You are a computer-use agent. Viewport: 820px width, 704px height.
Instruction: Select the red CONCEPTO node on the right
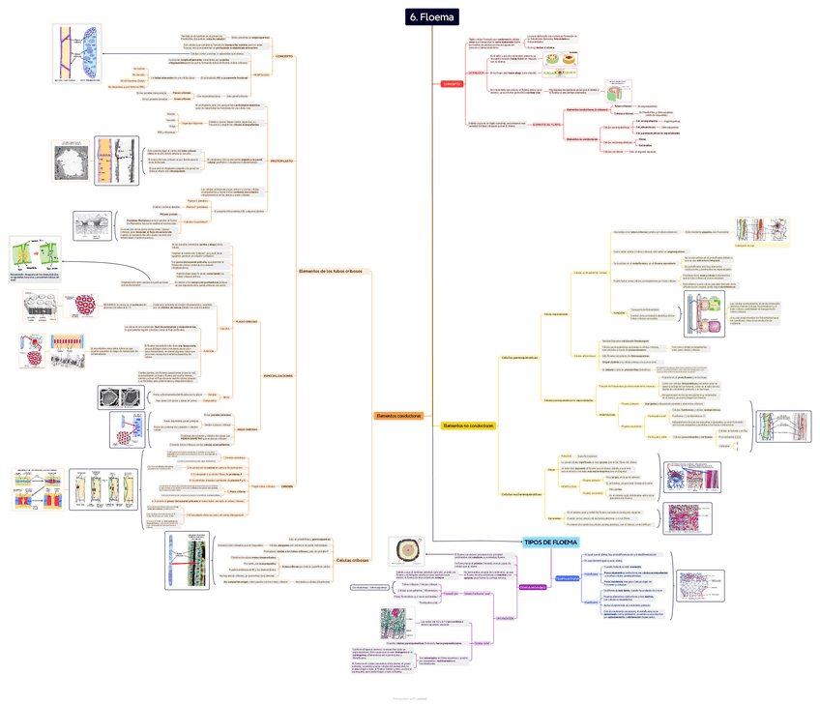[452, 84]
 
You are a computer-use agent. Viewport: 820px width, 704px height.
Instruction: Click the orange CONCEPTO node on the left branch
[284, 56]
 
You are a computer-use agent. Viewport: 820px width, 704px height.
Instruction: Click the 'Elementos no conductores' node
[468, 425]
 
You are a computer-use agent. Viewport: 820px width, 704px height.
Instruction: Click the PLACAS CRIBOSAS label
[247, 321]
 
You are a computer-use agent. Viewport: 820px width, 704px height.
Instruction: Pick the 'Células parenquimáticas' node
[519, 358]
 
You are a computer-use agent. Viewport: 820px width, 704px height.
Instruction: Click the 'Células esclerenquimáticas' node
[521, 494]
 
